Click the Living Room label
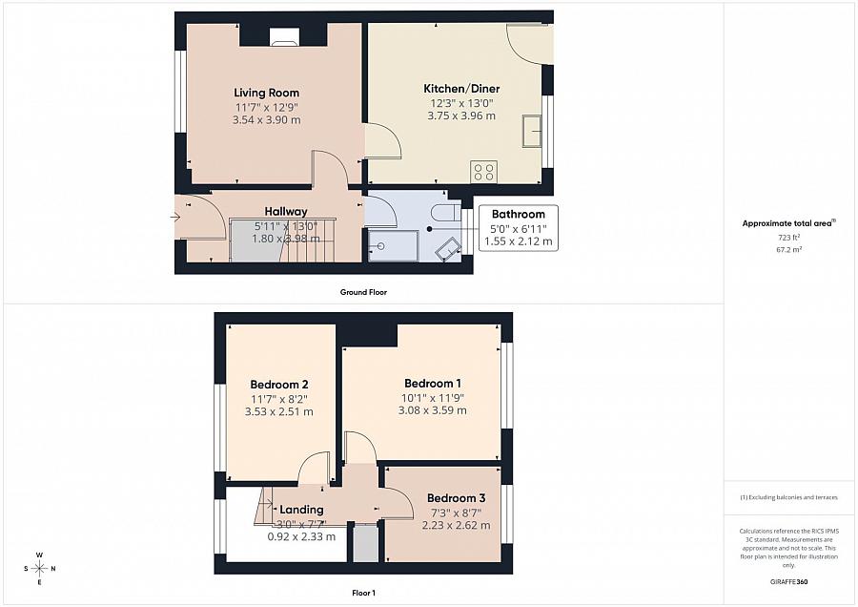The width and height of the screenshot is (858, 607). pyautogui.click(x=266, y=93)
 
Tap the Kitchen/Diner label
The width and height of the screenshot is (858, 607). pyautogui.click(x=461, y=89)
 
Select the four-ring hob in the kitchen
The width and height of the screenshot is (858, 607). pyautogui.click(x=483, y=172)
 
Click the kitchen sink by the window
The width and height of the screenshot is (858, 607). pyautogui.click(x=532, y=129)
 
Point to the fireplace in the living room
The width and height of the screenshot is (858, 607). pyautogui.click(x=283, y=37)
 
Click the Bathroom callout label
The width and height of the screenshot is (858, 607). pyautogui.click(x=518, y=214)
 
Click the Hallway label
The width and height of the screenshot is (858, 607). pyautogui.click(x=286, y=212)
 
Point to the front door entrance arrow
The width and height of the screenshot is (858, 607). pyautogui.click(x=176, y=217)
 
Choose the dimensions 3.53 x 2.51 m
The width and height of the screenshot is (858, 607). pyautogui.click(x=278, y=411)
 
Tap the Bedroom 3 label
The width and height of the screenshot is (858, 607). pyautogui.click(x=457, y=498)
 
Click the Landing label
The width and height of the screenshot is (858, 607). pyautogui.click(x=302, y=510)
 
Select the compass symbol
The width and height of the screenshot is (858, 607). pyautogui.click(x=40, y=569)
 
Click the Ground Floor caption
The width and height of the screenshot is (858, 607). pyautogui.click(x=363, y=292)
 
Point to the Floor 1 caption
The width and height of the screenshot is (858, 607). pyautogui.click(x=363, y=593)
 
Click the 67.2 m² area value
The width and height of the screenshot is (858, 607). pyautogui.click(x=788, y=248)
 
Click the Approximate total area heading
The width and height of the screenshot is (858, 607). pyautogui.click(x=788, y=223)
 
